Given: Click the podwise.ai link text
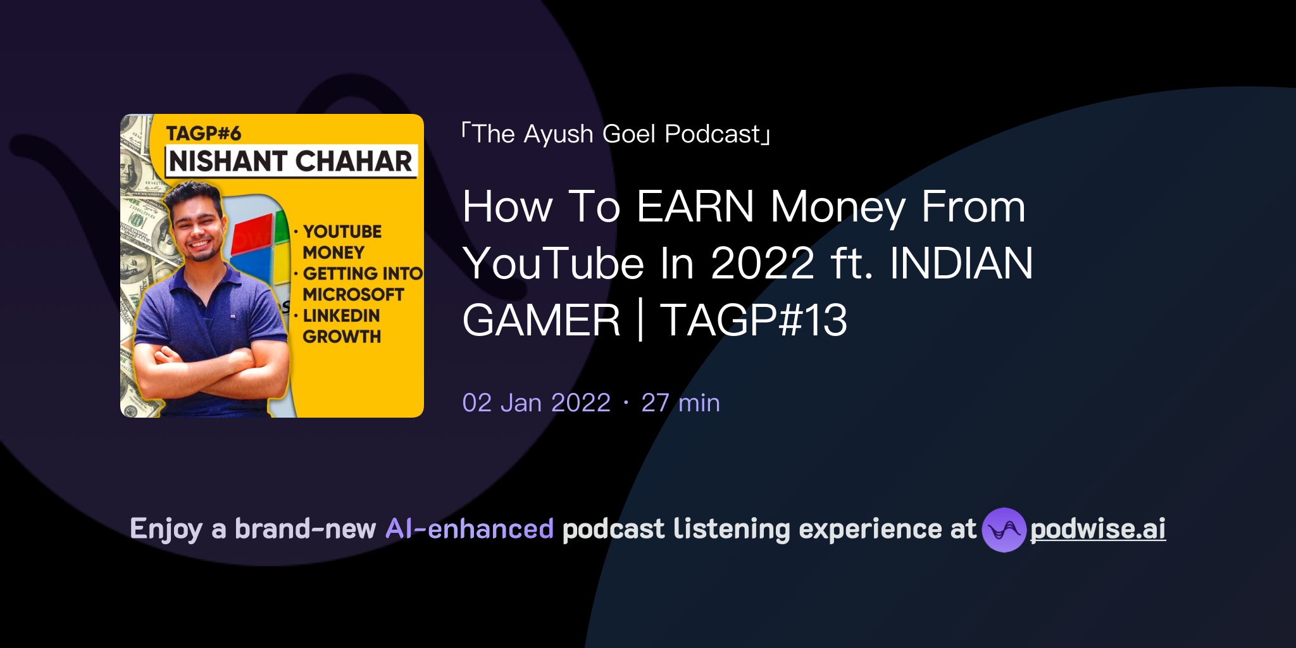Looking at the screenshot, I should [x=1097, y=529].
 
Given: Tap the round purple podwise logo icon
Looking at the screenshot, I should [x=1004, y=530].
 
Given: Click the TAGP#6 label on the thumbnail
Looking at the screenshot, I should [x=203, y=134].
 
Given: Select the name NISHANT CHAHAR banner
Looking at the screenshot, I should [x=291, y=161].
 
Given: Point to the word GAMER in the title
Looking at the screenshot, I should [x=542, y=320].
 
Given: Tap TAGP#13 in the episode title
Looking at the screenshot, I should [x=753, y=320].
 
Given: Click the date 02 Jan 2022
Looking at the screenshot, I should [x=536, y=402].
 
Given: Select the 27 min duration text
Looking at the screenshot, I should [x=680, y=402].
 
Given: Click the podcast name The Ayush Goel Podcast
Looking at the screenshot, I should [x=616, y=134].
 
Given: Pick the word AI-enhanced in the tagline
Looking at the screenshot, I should [x=470, y=529].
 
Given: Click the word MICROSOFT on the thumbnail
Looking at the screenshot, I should [x=353, y=294].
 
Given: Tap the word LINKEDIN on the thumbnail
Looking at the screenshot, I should [x=341, y=315].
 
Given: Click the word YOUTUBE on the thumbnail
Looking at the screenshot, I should [x=342, y=232].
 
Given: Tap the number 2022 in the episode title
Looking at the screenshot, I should [x=763, y=263].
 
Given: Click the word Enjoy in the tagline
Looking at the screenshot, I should [x=166, y=529].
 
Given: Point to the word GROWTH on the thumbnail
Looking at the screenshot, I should [x=342, y=336].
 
